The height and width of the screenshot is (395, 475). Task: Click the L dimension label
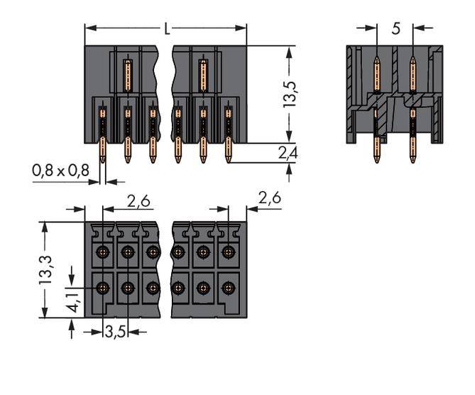(167, 29)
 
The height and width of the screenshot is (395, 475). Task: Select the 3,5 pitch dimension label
(114, 331)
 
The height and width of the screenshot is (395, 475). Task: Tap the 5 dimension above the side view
(395, 29)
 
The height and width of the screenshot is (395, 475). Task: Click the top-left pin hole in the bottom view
(103, 251)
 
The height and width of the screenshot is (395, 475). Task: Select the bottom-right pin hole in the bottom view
(228, 288)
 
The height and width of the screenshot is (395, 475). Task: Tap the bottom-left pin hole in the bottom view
(103, 288)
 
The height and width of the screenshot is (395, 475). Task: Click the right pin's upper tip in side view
(413, 60)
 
